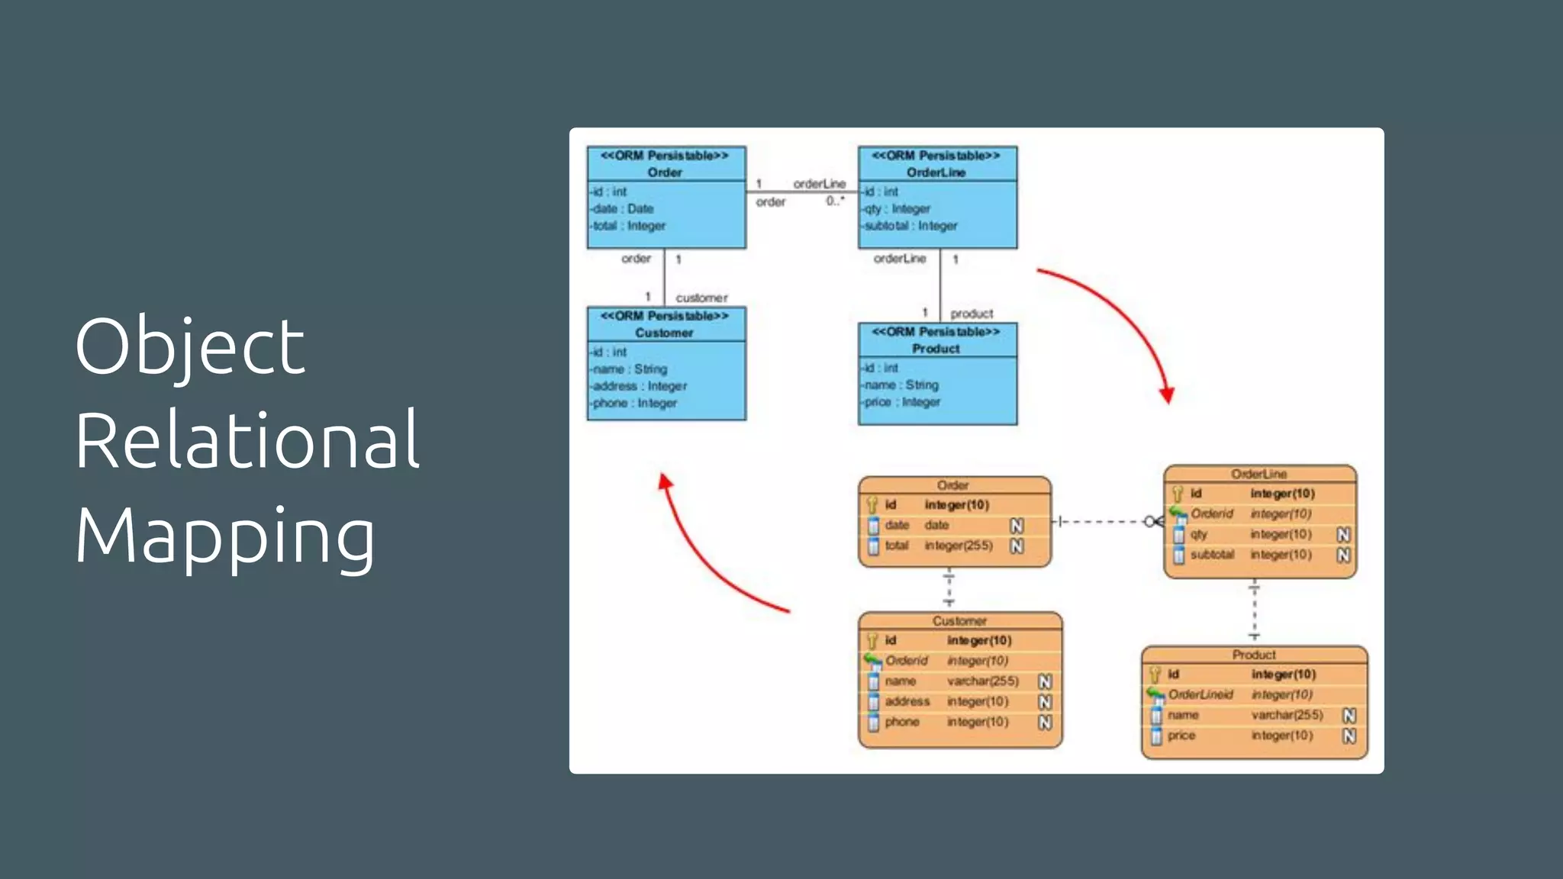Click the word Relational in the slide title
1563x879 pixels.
click(247, 440)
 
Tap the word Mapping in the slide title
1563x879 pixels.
click(225, 536)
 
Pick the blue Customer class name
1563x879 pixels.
click(664, 333)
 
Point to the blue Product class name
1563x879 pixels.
click(936, 349)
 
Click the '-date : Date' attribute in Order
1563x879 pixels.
click(623, 208)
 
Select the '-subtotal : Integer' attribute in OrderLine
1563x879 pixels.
click(910, 226)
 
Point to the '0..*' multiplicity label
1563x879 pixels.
click(835, 201)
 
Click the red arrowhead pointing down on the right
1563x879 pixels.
click(1167, 394)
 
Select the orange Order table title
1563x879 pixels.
click(952, 485)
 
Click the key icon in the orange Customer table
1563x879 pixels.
click(872, 641)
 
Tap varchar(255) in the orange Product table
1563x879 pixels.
click(1287, 715)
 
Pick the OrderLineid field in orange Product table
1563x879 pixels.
click(1200, 694)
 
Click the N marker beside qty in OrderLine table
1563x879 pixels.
click(1343, 535)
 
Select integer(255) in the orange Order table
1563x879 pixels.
click(959, 546)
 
